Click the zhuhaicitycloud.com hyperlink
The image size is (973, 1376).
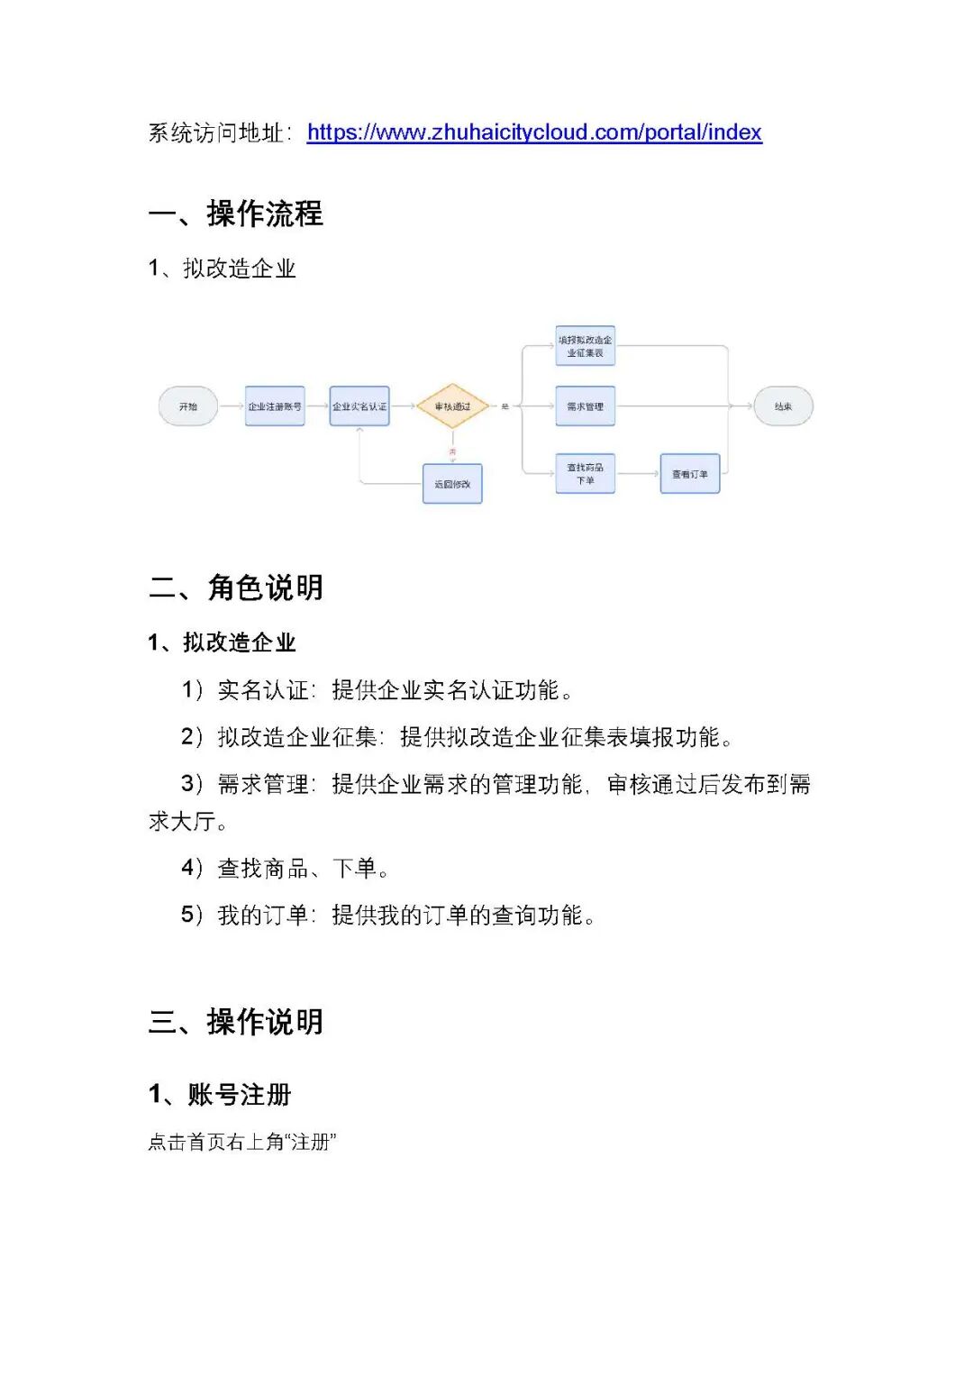[x=534, y=132]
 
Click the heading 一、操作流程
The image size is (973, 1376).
[x=236, y=214]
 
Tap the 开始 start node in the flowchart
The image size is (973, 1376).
[x=187, y=406]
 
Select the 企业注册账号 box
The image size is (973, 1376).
[x=275, y=406]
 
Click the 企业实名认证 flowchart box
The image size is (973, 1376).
[x=359, y=406]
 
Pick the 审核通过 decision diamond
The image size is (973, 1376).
[x=452, y=406]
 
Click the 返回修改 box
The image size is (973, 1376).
[x=452, y=484]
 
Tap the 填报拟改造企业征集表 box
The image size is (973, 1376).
[x=585, y=346]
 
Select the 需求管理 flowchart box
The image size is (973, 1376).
[x=585, y=406]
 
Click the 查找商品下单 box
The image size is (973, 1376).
[x=585, y=474]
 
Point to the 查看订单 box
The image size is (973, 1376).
[x=690, y=474]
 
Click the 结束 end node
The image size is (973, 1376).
[x=783, y=406]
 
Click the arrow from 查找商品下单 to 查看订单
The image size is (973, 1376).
[x=638, y=474]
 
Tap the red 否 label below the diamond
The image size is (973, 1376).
[x=452, y=451]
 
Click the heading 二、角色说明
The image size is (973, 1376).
[x=236, y=588]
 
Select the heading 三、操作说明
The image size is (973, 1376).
[x=236, y=1022]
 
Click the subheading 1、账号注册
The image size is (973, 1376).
[x=221, y=1095]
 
